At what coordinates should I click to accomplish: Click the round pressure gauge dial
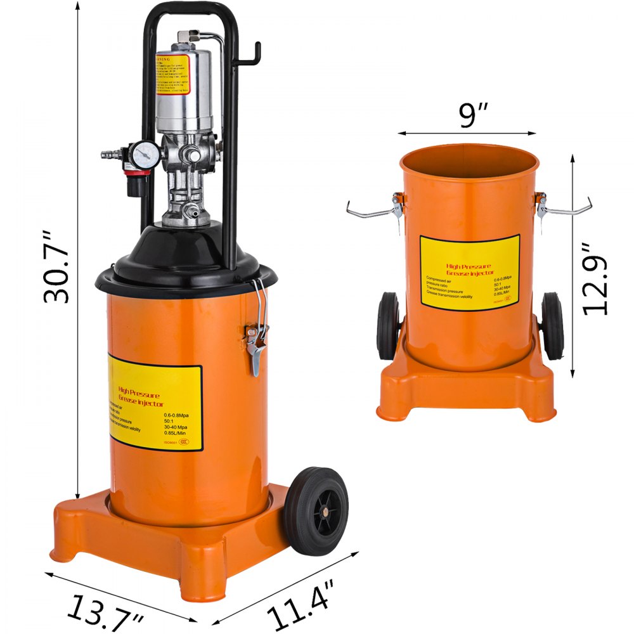(146, 154)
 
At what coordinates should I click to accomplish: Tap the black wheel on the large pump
(316, 511)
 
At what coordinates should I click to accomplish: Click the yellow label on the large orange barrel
(155, 406)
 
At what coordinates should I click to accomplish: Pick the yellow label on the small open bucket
(469, 273)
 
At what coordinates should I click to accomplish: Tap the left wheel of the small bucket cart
(387, 326)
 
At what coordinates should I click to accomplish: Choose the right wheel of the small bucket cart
(552, 326)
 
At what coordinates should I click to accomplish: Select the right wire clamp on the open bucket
(564, 208)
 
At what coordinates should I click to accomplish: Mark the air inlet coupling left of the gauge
(111, 153)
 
